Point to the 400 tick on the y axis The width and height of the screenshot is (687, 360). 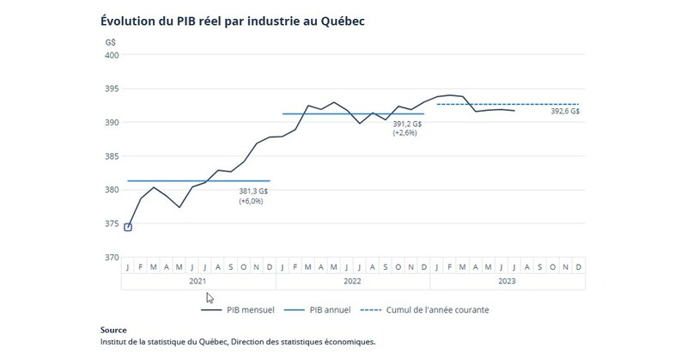click(112, 55)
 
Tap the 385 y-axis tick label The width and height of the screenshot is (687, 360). click(112, 156)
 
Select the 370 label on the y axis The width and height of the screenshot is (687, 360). click(112, 257)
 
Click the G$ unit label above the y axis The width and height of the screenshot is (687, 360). click(111, 40)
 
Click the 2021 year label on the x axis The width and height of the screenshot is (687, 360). click(198, 279)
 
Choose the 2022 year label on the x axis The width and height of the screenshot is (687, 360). click(352, 279)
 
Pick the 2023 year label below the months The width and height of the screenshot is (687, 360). click(506, 279)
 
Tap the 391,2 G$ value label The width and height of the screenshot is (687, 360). click(408, 123)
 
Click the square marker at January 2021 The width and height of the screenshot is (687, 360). click(128, 227)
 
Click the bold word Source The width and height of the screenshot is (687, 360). click(113, 330)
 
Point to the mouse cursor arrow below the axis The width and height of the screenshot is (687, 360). click(210, 298)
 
